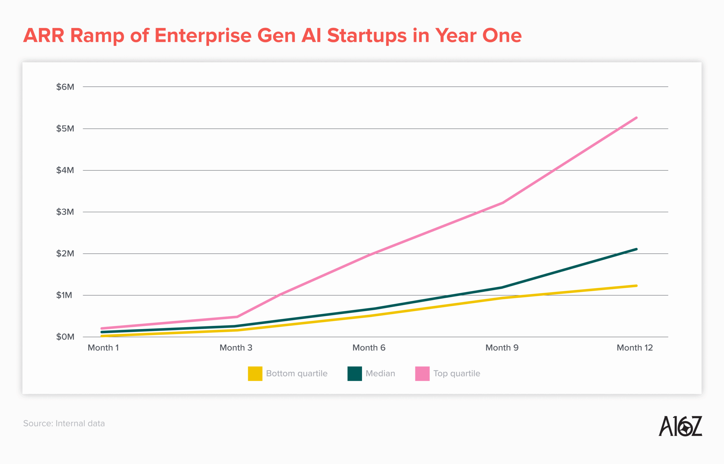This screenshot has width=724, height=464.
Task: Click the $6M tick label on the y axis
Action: click(65, 87)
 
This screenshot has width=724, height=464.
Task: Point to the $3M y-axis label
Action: click(65, 212)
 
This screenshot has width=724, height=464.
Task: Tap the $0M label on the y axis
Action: click(65, 337)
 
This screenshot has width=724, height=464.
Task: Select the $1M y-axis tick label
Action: click(64, 295)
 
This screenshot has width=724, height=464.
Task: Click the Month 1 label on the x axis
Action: click(103, 348)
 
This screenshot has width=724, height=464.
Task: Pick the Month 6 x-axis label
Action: click(369, 348)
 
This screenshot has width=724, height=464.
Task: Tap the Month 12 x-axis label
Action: click(635, 348)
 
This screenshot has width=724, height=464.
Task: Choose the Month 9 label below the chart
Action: click(502, 348)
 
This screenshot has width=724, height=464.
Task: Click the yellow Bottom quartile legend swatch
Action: click(255, 374)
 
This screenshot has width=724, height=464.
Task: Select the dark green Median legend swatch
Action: click(354, 374)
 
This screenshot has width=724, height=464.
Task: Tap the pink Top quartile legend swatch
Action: click(422, 374)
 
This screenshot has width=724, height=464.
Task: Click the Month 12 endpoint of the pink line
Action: click(636, 118)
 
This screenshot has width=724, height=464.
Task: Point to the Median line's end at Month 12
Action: click(636, 249)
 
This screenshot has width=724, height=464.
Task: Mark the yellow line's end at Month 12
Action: click(636, 286)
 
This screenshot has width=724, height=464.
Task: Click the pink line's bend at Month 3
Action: click(237, 317)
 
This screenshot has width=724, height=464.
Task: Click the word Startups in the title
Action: click(367, 36)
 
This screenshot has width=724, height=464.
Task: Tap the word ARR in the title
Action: click(44, 36)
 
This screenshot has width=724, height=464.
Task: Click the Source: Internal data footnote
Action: click(64, 423)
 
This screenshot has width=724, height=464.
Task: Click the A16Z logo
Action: click(680, 426)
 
